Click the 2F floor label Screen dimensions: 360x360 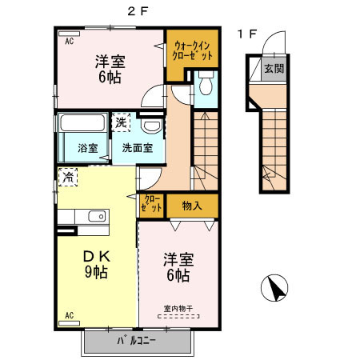tap(138, 11)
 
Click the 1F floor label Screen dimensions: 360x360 tap(247, 34)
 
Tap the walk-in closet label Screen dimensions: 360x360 tap(192, 50)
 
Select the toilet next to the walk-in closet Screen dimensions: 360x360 tap(206, 82)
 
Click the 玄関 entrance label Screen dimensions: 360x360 tap(274, 69)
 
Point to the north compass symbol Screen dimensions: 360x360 tap(274, 288)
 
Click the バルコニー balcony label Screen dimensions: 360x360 tap(136, 341)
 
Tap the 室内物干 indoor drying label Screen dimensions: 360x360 tap(178, 309)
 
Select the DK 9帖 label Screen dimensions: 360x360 tap(97, 265)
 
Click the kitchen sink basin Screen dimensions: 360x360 tap(97, 216)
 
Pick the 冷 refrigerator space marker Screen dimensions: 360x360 tap(68, 177)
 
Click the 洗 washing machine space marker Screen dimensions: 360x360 tap(121, 122)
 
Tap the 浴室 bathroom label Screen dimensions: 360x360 tap(88, 148)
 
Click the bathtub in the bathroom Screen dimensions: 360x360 tap(82, 122)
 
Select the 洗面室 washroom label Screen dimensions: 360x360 tap(138, 148)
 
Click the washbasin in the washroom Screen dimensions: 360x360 tap(151, 126)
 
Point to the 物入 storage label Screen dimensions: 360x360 tap(192, 206)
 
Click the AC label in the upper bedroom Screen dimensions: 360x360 tap(70, 42)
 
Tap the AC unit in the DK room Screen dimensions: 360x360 tap(69, 323)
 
